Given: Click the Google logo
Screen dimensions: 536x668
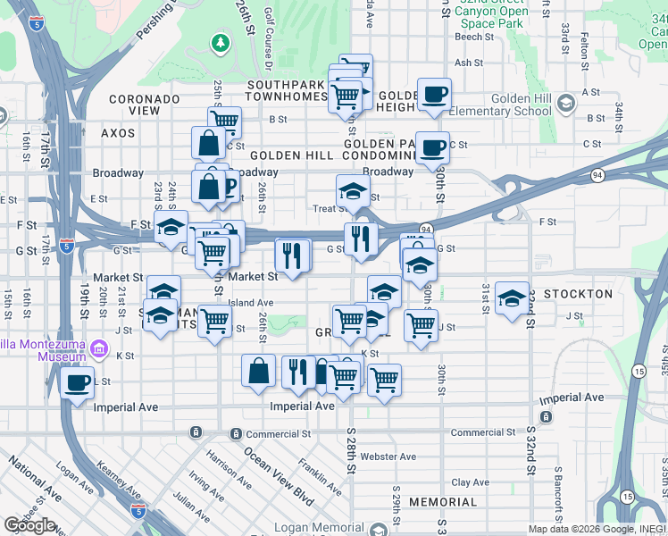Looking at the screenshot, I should (x=29, y=525).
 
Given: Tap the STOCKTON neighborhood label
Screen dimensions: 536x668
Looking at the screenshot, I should (x=578, y=294).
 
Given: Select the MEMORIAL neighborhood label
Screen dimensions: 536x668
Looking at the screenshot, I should (x=443, y=503).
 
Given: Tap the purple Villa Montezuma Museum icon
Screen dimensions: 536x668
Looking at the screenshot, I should (x=99, y=348).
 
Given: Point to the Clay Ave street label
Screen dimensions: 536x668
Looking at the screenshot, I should (x=470, y=482).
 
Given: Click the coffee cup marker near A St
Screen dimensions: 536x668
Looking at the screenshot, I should (x=434, y=94).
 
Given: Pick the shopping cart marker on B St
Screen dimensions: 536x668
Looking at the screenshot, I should (x=225, y=121).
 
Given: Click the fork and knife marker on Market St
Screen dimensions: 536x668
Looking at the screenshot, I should (x=292, y=255).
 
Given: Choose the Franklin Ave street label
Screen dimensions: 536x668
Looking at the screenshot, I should (x=320, y=477).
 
